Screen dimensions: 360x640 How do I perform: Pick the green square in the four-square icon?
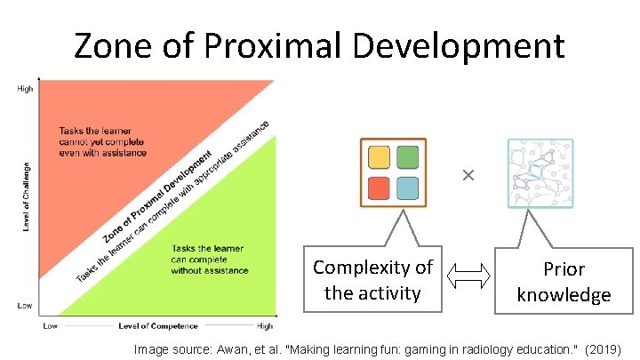(407, 157)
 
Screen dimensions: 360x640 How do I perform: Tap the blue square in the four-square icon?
(407, 188)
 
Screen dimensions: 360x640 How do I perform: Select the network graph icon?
(540, 172)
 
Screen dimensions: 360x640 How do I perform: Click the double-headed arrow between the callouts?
(468, 279)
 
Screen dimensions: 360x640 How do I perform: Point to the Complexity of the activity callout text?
(372, 279)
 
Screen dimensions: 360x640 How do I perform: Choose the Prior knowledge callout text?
(564, 281)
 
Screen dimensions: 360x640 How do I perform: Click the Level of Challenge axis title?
(26, 197)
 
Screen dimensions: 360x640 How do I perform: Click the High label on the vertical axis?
(26, 89)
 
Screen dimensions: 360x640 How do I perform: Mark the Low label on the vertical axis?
(26, 305)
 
